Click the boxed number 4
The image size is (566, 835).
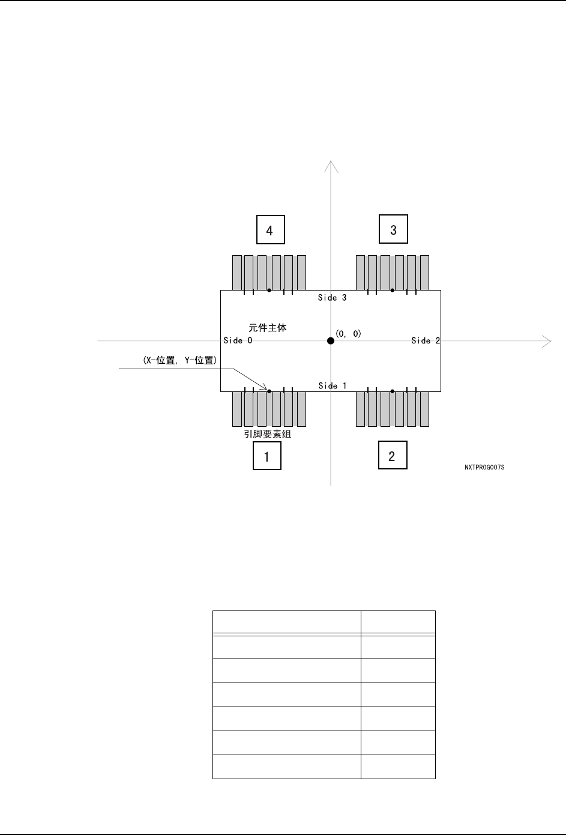point(270,230)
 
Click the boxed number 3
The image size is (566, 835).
point(393,229)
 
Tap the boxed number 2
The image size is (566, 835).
point(392,456)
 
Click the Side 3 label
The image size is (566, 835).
point(332,298)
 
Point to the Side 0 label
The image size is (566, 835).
point(238,341)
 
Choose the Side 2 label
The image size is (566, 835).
point(426,341)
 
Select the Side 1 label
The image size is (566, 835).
point(332,386)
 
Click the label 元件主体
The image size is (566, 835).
point(268,328)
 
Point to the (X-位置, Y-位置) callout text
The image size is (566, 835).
point(178,361)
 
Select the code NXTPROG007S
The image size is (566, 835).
point(484,467)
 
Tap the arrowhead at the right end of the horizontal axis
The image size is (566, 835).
point(547,341)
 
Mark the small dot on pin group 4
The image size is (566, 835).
point(269,291)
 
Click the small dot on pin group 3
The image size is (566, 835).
point(392,291)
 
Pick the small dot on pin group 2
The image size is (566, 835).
point(392,391)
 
